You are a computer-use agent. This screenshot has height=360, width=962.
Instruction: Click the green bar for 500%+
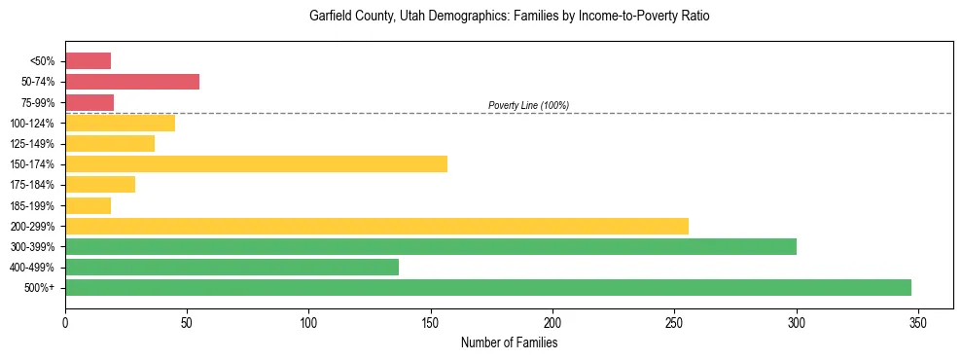tap(488, 287)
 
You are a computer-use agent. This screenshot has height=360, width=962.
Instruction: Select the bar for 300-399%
tap(431, 246)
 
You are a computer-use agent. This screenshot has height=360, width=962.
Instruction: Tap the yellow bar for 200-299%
tap(376, 226)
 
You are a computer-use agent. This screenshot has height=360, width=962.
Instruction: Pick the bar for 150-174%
tap(256, 163)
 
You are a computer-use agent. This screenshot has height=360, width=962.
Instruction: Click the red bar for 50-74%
tap(132, 82)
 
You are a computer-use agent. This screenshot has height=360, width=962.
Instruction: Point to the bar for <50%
tap(88, 61)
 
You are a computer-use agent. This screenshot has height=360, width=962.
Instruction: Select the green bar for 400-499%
tap(232, 267)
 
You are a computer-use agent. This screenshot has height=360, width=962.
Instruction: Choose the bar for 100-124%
tap(120, 123)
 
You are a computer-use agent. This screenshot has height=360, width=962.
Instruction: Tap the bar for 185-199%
tap(88, 205)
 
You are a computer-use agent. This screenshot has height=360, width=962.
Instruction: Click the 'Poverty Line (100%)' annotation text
tap(528, 105)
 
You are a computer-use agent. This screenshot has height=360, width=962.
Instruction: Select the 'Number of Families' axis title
tap(509, 343)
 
